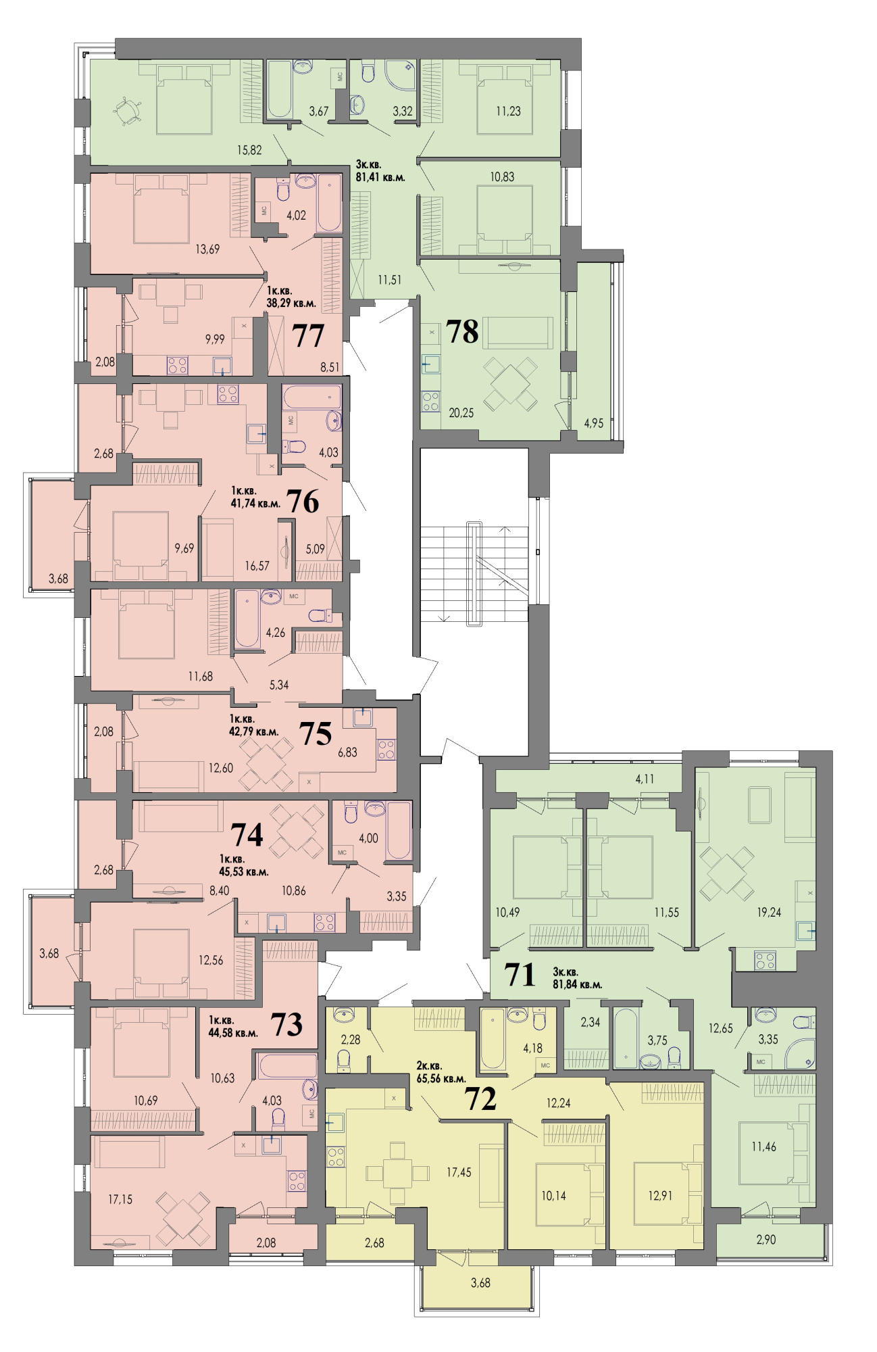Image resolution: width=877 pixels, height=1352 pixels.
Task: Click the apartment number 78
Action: [462, 332]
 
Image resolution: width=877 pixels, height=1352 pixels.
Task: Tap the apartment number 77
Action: [308, 336]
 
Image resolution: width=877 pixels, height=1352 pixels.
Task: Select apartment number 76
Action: [303, 502]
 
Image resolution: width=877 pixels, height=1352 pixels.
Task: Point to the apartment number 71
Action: [520, 975]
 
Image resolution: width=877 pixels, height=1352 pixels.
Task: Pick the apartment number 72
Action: [480, 1098]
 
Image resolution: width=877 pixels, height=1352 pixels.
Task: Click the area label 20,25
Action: [461, 413]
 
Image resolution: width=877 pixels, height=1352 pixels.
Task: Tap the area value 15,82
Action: [249, 150]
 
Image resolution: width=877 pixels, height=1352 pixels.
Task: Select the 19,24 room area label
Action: [769, 913]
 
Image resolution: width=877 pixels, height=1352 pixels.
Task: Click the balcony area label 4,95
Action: [594, 424]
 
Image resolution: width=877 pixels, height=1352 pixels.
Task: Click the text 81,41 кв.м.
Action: [380, 178]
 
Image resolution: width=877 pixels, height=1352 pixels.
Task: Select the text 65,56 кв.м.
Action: [441, 1079]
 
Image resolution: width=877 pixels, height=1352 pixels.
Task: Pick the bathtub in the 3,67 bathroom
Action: [279, 89]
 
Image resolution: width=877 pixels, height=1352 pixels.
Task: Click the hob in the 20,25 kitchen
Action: [431, 401]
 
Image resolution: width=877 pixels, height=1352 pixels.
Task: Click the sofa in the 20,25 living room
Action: [518, 333]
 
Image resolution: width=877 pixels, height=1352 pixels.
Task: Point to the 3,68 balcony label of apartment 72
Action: [480, 1283]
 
